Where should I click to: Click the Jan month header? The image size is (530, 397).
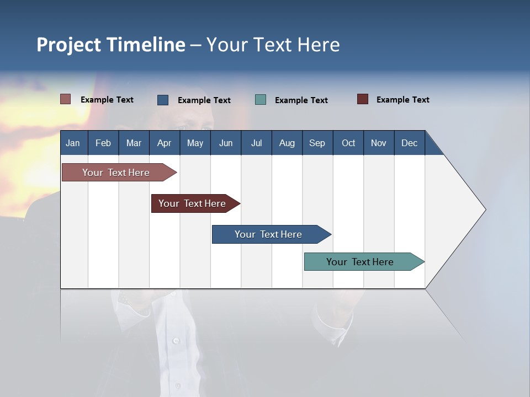pos(73,143)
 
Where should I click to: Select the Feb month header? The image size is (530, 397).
pos(103,143)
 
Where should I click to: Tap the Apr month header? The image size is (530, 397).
pos(164,143)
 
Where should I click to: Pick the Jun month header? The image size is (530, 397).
pos(226,143)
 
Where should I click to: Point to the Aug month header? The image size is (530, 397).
pos(287,143)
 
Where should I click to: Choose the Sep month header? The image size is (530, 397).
pos(317,143)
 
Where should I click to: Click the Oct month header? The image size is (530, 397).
pos(348,143)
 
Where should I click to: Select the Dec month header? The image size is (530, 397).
pos(409,143)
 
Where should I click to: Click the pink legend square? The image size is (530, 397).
pos(66,99)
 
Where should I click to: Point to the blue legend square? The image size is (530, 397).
pos(163,100)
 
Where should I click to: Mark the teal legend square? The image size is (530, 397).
pos(261,100)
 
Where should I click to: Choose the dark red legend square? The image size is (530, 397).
pos(363,99)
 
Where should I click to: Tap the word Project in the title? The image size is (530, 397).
pos(69,45)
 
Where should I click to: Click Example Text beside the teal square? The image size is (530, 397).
pos(301,100)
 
